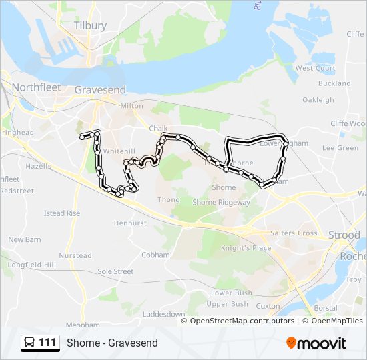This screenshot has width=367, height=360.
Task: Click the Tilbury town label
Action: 91,25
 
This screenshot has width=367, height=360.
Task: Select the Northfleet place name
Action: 36,87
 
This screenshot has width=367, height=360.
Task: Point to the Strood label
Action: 344,235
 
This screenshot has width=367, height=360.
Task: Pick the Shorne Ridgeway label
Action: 221,202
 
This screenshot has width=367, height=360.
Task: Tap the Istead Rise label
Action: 62,213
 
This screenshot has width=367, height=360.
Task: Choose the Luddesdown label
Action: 163,314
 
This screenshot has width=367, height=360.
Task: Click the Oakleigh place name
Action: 318,100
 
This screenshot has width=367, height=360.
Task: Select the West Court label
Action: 315,68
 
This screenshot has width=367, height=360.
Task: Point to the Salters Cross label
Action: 294,233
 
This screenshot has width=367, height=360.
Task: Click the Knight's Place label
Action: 246,248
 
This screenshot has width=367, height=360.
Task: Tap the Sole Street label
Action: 115,272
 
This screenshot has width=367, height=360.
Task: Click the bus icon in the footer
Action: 30,343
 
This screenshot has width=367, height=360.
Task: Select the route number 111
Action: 47,343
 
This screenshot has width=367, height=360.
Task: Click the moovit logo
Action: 316,343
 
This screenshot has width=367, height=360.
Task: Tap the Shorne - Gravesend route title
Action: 112,343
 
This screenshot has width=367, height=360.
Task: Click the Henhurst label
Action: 130,223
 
